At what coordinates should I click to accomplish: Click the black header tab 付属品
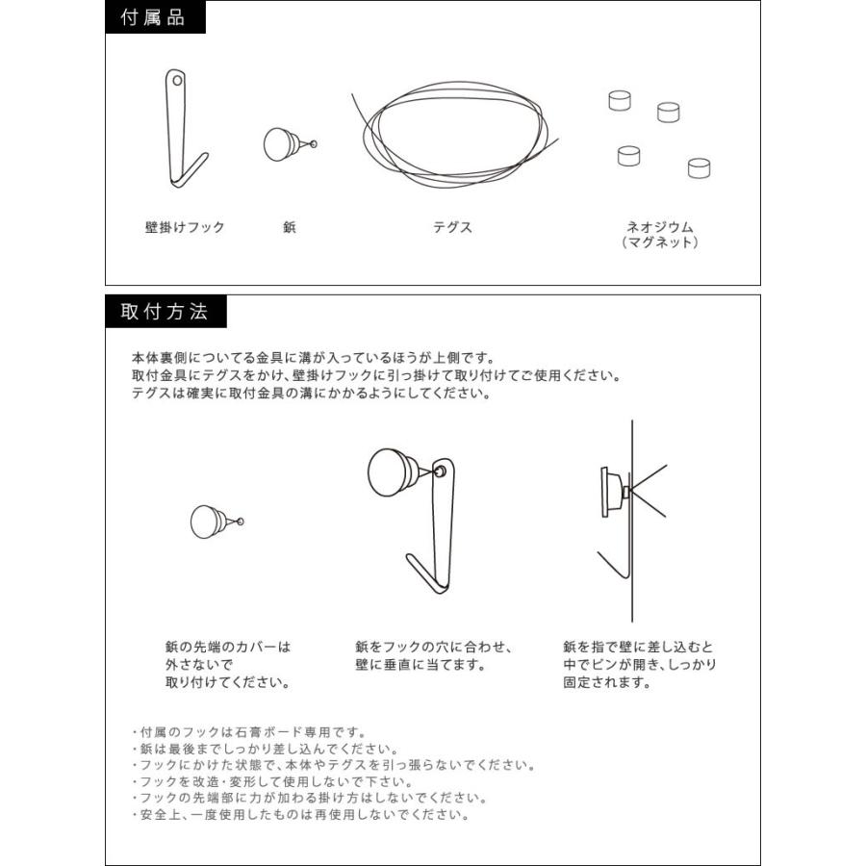point(154,18)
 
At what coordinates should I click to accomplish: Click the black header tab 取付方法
point(165,312)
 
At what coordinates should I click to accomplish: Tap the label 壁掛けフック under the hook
point(185,228)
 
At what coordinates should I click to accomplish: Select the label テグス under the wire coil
point(452,228)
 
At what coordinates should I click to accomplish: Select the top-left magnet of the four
point(620,100)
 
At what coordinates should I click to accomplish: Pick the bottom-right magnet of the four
point(700,168)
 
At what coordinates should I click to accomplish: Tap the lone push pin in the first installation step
point(211,522)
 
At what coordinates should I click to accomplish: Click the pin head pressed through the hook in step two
point(393,472)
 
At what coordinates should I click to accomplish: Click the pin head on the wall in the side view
point(610,491)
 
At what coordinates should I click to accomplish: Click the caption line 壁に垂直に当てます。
point(420,664)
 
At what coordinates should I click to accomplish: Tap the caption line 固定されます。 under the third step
point(608,682)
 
